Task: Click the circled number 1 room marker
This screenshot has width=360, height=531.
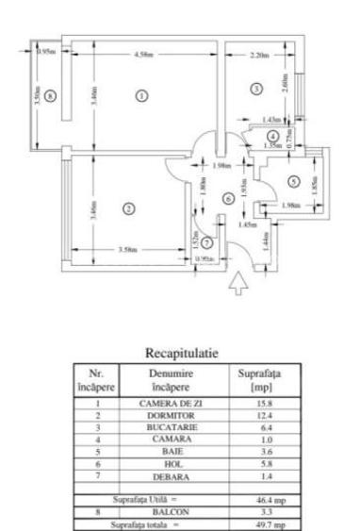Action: pyautogui.click(x=141, y=94)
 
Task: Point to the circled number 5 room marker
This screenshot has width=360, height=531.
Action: pyautogui.click(x=293, y=179)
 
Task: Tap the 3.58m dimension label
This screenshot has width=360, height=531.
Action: pyautogui.click(x=129, y=250)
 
